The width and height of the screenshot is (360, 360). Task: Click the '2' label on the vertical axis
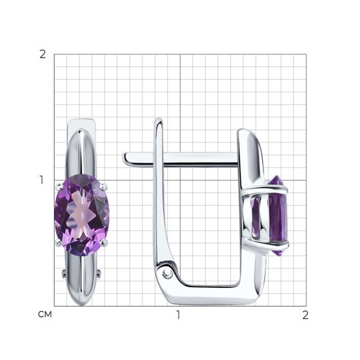point(42,55)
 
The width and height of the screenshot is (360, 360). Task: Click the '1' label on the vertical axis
point(42,180)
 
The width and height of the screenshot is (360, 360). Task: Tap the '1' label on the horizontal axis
point(179,315)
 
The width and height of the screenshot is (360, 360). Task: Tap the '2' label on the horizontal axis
point(305,315)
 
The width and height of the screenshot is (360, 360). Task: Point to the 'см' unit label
point(45,315)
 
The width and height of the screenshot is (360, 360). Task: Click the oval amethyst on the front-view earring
point(82,215)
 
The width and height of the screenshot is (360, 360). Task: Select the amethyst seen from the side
point(278,216)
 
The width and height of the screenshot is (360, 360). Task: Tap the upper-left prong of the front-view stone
point(58,186)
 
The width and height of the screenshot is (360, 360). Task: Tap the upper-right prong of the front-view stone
point(104,186)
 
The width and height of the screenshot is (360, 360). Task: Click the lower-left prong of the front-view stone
point(58,243)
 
